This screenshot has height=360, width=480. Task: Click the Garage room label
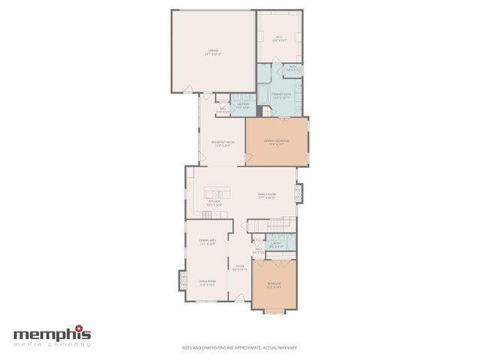click(x=214, y=52)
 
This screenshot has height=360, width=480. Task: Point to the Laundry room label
click(x=243, y=105)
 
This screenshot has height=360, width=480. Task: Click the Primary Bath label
click(x=280, y=94)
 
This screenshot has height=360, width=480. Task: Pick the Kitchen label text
click(x=214, y=203)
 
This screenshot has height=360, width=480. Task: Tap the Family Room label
click(x=267, y=197)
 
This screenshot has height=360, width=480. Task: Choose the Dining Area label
click(x=208, y=242)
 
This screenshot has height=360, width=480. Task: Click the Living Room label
click(x=207, y=283)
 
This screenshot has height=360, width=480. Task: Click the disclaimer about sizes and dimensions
click(x=239, y=347)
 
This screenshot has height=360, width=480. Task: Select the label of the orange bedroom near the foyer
click(x=274, y=284)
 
